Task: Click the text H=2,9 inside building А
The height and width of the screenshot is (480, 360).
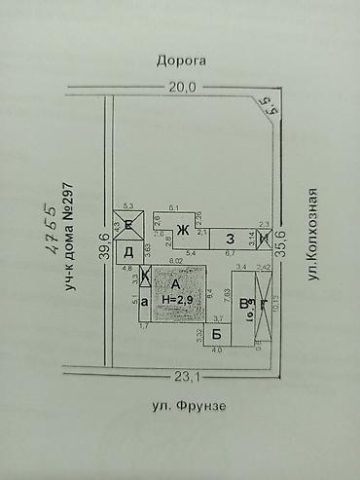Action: click(x=177, y=301)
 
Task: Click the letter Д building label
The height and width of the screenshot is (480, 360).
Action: click(x=128, y=252)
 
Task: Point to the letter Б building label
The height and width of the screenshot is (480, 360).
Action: click(x=217, y=332)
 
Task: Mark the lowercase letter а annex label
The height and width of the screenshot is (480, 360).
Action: click(x=144, y=303)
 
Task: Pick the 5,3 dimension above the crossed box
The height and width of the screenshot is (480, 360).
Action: click(x=128, y=206)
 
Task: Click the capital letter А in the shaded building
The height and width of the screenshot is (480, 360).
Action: click(x=175, y=284)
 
